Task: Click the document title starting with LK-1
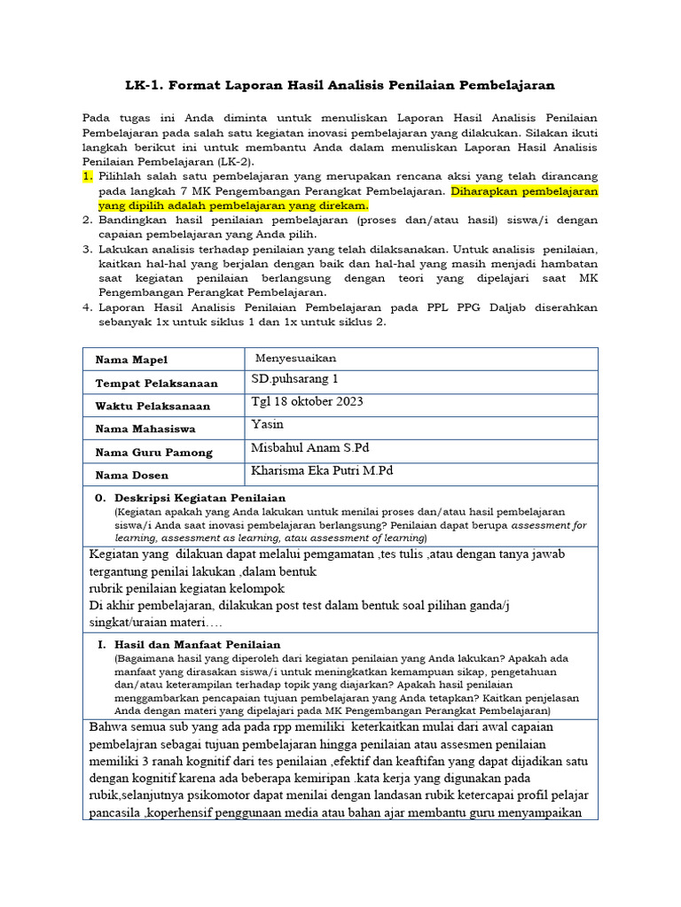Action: (340, 85)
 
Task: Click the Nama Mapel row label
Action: (131, 360)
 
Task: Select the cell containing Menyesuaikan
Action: (295, 358)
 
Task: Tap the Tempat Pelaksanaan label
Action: (156, 383)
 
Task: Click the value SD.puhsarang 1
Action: (294, 379)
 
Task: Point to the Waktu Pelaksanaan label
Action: (153, 406)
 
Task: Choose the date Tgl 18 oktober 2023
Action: (307, 401)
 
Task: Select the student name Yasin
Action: (267, 424)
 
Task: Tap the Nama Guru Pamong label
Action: (153, 452)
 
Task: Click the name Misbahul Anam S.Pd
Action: (309, 448)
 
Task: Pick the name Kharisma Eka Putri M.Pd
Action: (322, 470)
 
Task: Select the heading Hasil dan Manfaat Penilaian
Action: (197, 644)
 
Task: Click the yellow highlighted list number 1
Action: (87, 176)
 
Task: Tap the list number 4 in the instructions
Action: (87, 307)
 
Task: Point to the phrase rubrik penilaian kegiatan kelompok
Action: (187, 588)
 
